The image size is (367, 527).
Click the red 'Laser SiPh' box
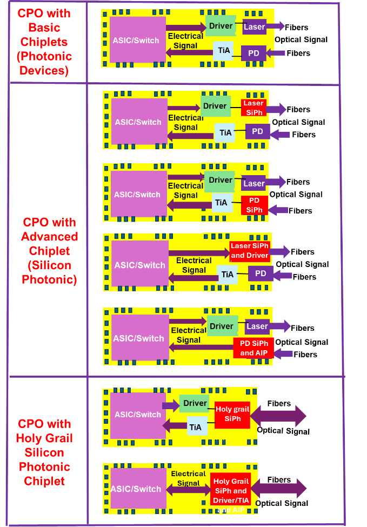(x=253, y=107)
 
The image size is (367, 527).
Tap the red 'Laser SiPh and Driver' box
(x=250, y=251)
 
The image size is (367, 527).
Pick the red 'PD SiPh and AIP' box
(x=254, y=349)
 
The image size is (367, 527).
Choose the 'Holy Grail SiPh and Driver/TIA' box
(x=230, y=491)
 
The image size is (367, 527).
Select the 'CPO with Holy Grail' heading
(x=44, y=452)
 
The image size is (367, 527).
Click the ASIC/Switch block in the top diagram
(x=138, y=39)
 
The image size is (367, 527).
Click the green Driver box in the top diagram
(x=221, y=25)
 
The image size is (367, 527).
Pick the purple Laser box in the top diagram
(x=254, y=26)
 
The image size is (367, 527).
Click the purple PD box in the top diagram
(x=253, y=53)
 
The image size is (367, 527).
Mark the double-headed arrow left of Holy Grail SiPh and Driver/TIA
(x=189, y=490)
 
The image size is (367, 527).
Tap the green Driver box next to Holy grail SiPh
(x=195, y=403)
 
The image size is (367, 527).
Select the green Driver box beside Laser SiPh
(x=215, y=106)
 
